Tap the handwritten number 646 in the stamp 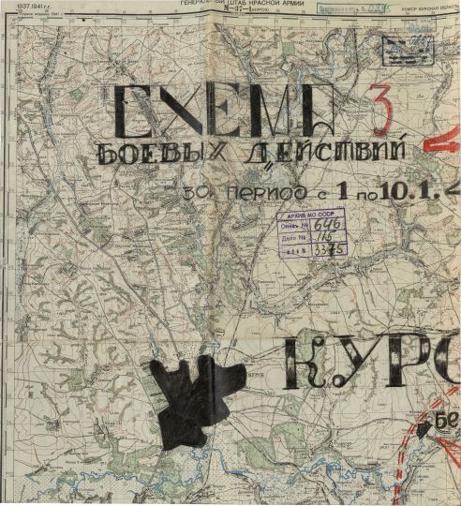click(x=325, y=225)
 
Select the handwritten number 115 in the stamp click(x=325, y=238)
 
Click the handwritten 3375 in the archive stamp click(x=328, y=250)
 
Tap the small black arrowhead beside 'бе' click(x=426, y=427)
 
